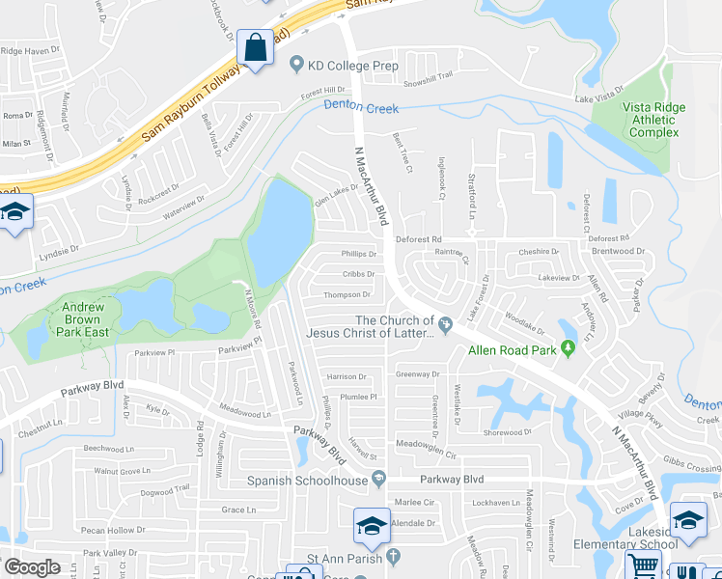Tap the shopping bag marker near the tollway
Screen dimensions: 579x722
254,47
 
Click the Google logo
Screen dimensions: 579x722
32,567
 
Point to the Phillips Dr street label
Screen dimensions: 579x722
359,254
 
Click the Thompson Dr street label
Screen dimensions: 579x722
347,295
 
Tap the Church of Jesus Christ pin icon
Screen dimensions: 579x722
444,323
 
